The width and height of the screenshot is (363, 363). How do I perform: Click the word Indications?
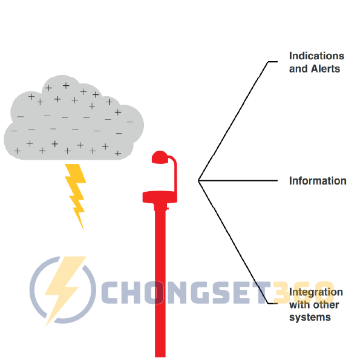[x=316, y=56]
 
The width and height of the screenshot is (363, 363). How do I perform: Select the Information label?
[x=318, y=181]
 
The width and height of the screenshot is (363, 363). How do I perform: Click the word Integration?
[x=316, y=292]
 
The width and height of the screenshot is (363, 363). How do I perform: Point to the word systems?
[x=310, y=317]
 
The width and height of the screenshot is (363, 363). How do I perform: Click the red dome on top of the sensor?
[x=160, y=157]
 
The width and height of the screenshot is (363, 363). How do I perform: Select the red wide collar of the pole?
[x=160, y=197]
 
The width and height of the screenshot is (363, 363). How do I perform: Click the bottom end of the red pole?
[x=160, y=353]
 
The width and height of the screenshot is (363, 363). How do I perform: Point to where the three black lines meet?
[x=198, y=180]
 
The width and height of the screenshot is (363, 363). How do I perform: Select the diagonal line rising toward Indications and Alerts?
[x=233, y=121]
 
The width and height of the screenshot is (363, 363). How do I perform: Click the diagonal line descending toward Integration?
[x=233, y=241]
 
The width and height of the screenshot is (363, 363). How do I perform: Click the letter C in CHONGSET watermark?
[x=112, y=292]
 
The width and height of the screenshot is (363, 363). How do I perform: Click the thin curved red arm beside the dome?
[x=175, y=172]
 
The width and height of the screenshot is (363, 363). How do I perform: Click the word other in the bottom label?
[x=327, y=304]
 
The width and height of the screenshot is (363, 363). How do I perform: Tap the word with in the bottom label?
[x=299, y=304]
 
